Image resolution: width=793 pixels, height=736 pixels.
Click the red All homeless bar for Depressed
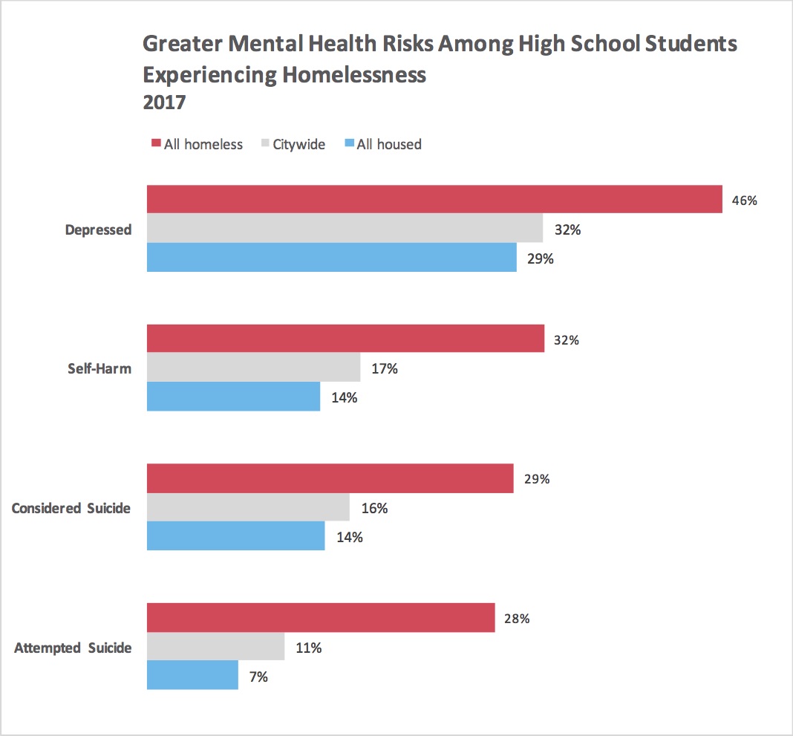tap(434, 199)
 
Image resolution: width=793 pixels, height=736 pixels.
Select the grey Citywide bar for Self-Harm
tap(253, 367)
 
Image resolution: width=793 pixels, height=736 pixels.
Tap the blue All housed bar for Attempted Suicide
tap(192, 675)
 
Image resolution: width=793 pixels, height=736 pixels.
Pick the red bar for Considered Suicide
tap(330, 478)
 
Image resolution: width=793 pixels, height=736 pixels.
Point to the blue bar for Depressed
tap(331, 257)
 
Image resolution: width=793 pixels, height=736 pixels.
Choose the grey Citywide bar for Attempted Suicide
tap(215, 646)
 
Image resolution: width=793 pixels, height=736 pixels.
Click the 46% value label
tap(744, 200)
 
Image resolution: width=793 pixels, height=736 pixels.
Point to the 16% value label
tap(373, 508)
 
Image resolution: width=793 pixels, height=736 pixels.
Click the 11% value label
tap(308, 647)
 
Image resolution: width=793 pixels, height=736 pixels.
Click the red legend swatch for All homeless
tap(156, 143)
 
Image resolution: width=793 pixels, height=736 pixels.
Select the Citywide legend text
tap(298, 144)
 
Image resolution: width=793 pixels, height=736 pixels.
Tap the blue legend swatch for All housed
tap(349, 143)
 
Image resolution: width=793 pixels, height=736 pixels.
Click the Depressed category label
tap(98, 229)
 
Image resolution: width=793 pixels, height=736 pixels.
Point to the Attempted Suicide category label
tap(73, 648)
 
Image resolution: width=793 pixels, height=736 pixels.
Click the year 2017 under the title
tap(163, 102)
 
